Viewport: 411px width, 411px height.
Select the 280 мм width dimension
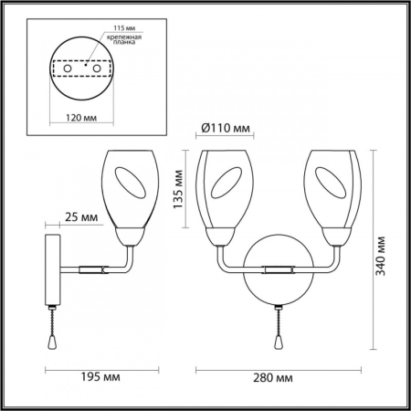click(x=271, y=377)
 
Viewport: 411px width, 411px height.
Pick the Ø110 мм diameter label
click(x=224, y=128)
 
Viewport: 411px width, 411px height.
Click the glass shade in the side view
click(x=132, y=187)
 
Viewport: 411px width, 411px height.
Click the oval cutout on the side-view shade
click(x=134, y=187)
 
